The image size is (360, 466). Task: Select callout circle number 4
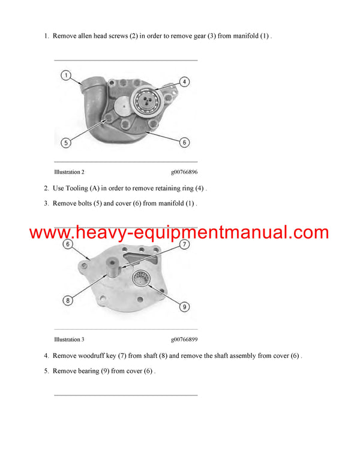[x=184, y=82]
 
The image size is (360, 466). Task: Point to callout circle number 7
[x=184, y=244]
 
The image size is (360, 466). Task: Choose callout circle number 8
[x=67, y=300]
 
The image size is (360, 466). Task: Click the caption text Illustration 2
[x=69, y=172]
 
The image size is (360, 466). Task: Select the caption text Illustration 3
[x=69, y=339]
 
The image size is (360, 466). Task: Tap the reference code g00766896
[x=184, y=172]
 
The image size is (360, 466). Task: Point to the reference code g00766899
[x=184, y=339]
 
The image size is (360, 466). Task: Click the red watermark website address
[x=179, y=232]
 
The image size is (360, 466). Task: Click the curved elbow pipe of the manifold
[x=90, y=90]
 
